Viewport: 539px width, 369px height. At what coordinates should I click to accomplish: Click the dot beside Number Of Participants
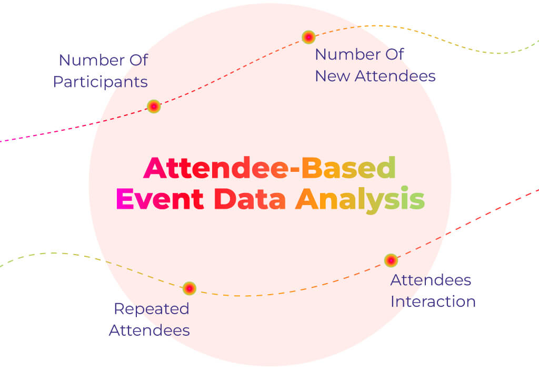(154, 106)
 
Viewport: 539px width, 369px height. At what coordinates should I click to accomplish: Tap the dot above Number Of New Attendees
(308, 37)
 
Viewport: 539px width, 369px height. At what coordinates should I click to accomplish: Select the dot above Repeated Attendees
(189, 288)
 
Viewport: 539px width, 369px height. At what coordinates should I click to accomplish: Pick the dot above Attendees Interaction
(391, 260)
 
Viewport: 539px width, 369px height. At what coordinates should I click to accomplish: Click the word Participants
(101, 82)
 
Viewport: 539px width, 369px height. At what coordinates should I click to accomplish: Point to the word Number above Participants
(92, 60)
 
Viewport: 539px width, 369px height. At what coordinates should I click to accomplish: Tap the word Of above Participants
(139, 60)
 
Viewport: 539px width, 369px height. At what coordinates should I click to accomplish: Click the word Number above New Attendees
(347, 54)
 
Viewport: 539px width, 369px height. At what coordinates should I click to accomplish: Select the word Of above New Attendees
(395, 54)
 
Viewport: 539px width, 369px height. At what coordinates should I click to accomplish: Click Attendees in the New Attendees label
(395, 76)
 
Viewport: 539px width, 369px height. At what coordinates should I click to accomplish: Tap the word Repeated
(152, 309)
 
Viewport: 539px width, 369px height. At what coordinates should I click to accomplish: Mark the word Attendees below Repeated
(149, 331)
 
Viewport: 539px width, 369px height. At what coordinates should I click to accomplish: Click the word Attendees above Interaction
(431, 280)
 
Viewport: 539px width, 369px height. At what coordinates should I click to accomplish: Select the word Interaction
(433, 302)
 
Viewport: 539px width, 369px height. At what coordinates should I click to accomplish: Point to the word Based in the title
(349, 168)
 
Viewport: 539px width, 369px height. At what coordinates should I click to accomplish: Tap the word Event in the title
(160, 199)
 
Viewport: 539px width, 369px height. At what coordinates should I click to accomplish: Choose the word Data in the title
(250, 199)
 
